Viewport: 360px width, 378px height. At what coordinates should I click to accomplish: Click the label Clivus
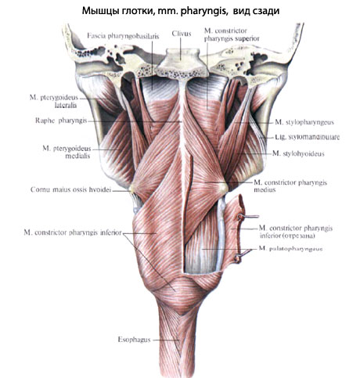point(182,34)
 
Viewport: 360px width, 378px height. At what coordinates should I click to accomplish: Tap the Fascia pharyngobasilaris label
point(123,36)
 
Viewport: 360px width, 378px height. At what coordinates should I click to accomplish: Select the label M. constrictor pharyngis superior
point(232,34)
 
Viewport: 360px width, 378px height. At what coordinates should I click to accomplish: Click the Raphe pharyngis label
point(61,121)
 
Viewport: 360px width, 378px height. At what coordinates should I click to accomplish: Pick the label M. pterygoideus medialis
point(67,152)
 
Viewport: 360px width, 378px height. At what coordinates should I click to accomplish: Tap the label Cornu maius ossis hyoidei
point(70,189)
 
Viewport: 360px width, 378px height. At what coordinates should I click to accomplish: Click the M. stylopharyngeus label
point(304,122)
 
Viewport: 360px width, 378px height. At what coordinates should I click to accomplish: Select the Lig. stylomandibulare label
point(308,137)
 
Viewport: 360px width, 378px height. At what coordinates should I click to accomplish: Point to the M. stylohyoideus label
point(298,153)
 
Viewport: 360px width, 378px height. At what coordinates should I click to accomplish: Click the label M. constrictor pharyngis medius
point(290,186)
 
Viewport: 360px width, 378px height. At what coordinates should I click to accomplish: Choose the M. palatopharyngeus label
point(290,249)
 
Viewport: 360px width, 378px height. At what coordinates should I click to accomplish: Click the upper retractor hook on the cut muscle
point(247,217)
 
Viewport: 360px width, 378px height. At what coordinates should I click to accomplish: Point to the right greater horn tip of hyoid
point(223,187)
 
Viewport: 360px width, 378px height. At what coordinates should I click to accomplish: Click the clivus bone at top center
point(180,63)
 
